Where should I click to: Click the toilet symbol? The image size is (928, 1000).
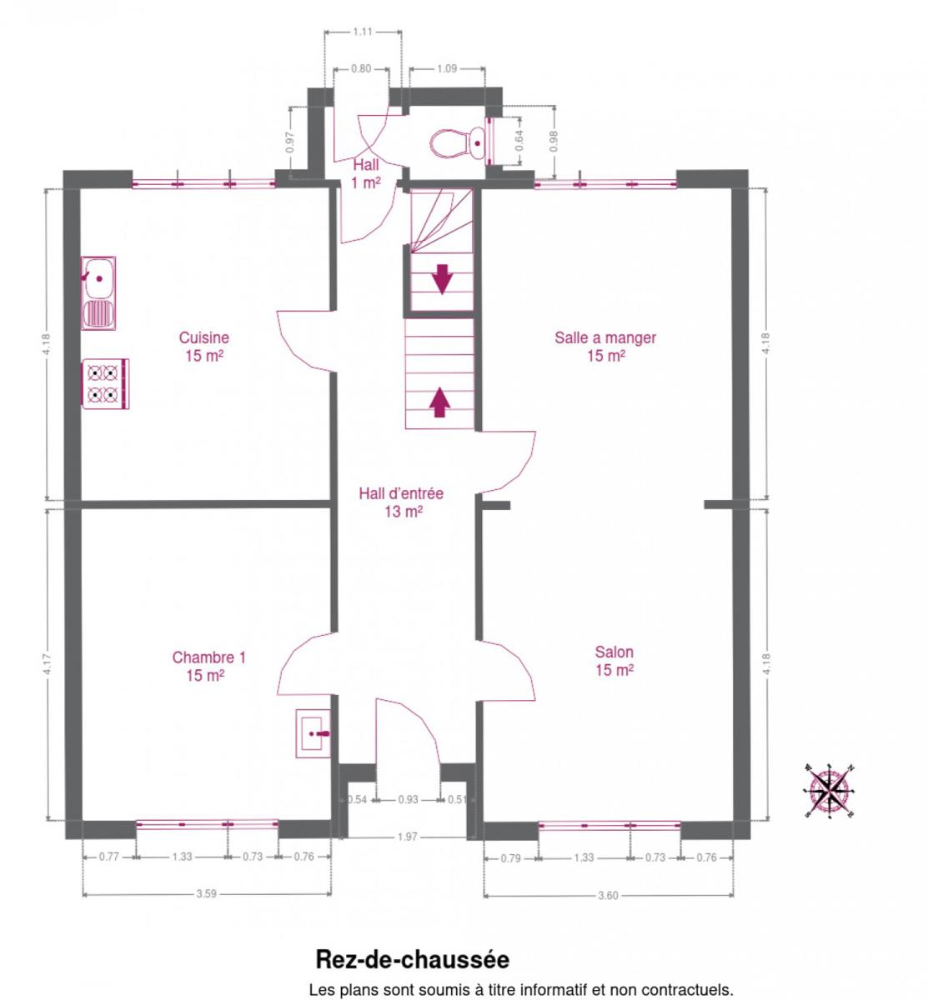pos(459,143)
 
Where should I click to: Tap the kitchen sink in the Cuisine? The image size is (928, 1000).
pos(98,293)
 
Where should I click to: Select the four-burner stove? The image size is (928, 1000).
pos(105,383)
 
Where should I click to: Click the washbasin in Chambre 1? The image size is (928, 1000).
pos(313,733)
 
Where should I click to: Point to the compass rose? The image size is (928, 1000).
pos(830,791)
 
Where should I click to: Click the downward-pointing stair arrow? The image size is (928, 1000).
pos(443,278)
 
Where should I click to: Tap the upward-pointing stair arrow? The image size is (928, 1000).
pos(439,402)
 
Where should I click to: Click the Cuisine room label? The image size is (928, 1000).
pos(204,346)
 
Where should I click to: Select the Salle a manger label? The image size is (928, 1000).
pos(605,346)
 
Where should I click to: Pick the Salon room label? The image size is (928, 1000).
pos(614,661)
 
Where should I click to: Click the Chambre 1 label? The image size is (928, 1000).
pos(208,666)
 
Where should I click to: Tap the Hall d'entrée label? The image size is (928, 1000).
pos(401,502)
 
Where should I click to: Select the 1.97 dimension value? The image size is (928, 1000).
pos(408,837)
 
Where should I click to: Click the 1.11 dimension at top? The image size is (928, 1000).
pos(362,32)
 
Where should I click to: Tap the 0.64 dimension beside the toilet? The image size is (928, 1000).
pos(519,141)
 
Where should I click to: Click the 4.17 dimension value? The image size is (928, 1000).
pos(47,664)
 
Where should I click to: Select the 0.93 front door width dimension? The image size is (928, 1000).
pos(408,799)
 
